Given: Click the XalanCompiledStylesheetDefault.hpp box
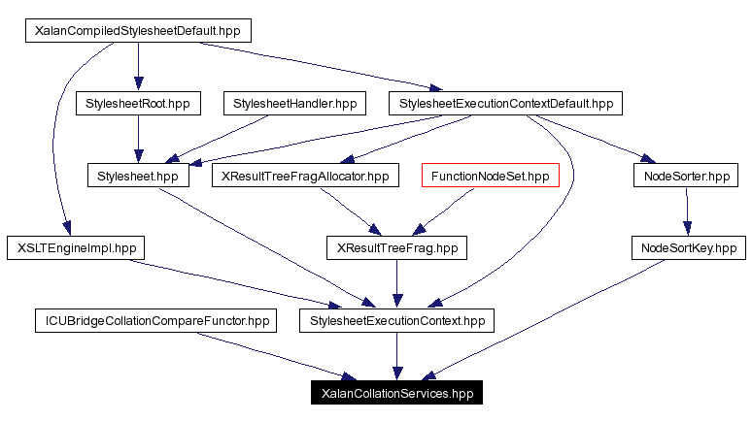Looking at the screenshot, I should (137, 30).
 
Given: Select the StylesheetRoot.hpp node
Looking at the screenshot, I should (137, 103).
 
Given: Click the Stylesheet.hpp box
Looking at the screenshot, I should (137, 176).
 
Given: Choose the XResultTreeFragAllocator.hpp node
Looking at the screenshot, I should (305, 176).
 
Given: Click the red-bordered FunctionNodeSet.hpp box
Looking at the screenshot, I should (490, 176).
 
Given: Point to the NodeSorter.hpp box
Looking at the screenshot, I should (686, 176).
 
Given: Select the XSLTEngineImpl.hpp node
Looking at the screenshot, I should (75, 248).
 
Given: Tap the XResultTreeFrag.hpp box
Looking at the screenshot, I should (395, 248).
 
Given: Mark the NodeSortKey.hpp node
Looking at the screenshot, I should (690, 248).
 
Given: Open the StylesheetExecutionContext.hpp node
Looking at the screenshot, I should (395, 321).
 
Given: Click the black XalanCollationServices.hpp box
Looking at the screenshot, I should (395, 394).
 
